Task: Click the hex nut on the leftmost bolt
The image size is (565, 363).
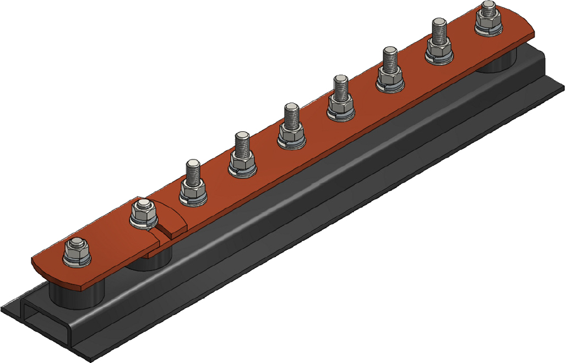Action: tap(77, 253)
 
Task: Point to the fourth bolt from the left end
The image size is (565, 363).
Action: tap(242, 154)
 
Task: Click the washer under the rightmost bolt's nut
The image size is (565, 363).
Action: tap(488, 29)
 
